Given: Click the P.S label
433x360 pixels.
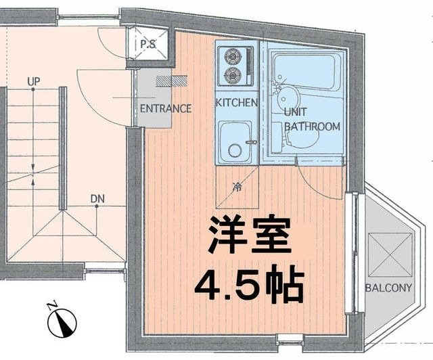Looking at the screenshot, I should [x=147, y=45].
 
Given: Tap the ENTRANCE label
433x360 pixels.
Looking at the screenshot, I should [x=165, y=108].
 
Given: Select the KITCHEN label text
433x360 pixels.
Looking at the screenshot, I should [x=237, y=103].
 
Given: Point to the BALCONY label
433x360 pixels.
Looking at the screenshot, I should [x=388, y=288].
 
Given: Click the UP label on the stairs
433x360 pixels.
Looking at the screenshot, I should [x=33, y=82].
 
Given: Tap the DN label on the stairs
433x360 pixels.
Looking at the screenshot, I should [x=97, y=199].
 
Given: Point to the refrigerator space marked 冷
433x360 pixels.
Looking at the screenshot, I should [x=237, y=187].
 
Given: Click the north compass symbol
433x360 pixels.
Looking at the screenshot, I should [x=62, y=322].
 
